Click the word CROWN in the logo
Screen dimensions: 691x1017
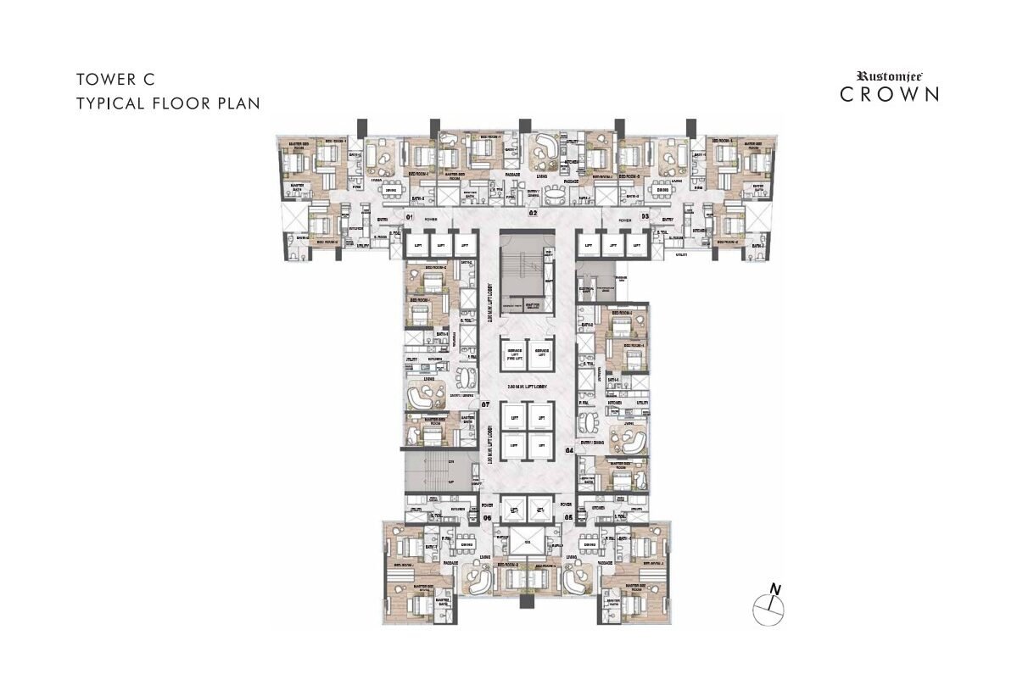pyautogui.click(x=889, y=94)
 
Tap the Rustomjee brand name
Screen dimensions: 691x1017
pyautogui.click(x=889, y=75)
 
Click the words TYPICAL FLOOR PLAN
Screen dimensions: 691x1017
pyautogui.click(x=167, y=103)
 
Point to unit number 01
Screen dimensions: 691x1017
pyautogui.click(x=408, y=218)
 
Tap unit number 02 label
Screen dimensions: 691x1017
pyautogui.click(x=534, y=215)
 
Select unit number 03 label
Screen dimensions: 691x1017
pyautogui.click(x=645, y=218)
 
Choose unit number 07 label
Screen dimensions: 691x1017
pyautogui.click(x=486, y=404)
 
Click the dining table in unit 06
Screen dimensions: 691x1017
pyautogui.click(x=465, y=540)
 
